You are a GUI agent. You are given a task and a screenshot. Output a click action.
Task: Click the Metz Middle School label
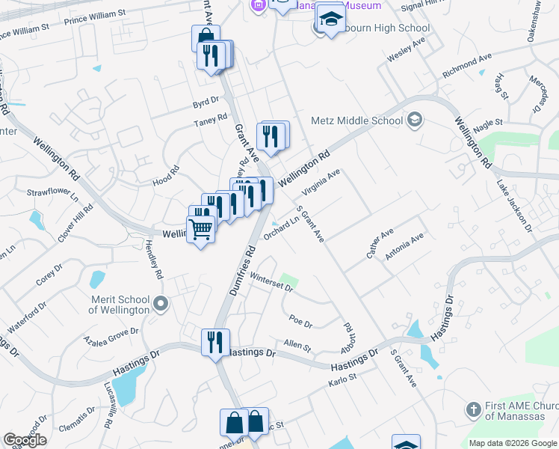tap(356, 120)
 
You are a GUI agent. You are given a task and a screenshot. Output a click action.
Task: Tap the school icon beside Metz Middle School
tap(415, 120)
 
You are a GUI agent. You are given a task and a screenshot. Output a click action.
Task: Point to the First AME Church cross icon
tap(472, 410)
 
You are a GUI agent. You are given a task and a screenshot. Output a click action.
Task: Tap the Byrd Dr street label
tap(206, 100)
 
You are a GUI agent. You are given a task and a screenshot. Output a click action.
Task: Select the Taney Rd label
tap(210, 120)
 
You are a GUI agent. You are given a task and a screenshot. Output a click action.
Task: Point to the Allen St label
tap(297, 345)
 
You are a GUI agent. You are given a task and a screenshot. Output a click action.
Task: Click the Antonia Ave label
tap(404, 246)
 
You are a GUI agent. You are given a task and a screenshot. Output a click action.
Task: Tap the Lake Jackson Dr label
tap(515, 204)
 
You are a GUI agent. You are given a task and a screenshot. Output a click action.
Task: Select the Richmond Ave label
tap(467, 65)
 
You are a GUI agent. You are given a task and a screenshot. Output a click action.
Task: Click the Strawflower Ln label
tap(52, 196)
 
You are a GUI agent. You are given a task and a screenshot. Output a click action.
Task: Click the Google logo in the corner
tap(25, 439)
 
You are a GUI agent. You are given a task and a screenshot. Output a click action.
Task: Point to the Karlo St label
tap(344, 383)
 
